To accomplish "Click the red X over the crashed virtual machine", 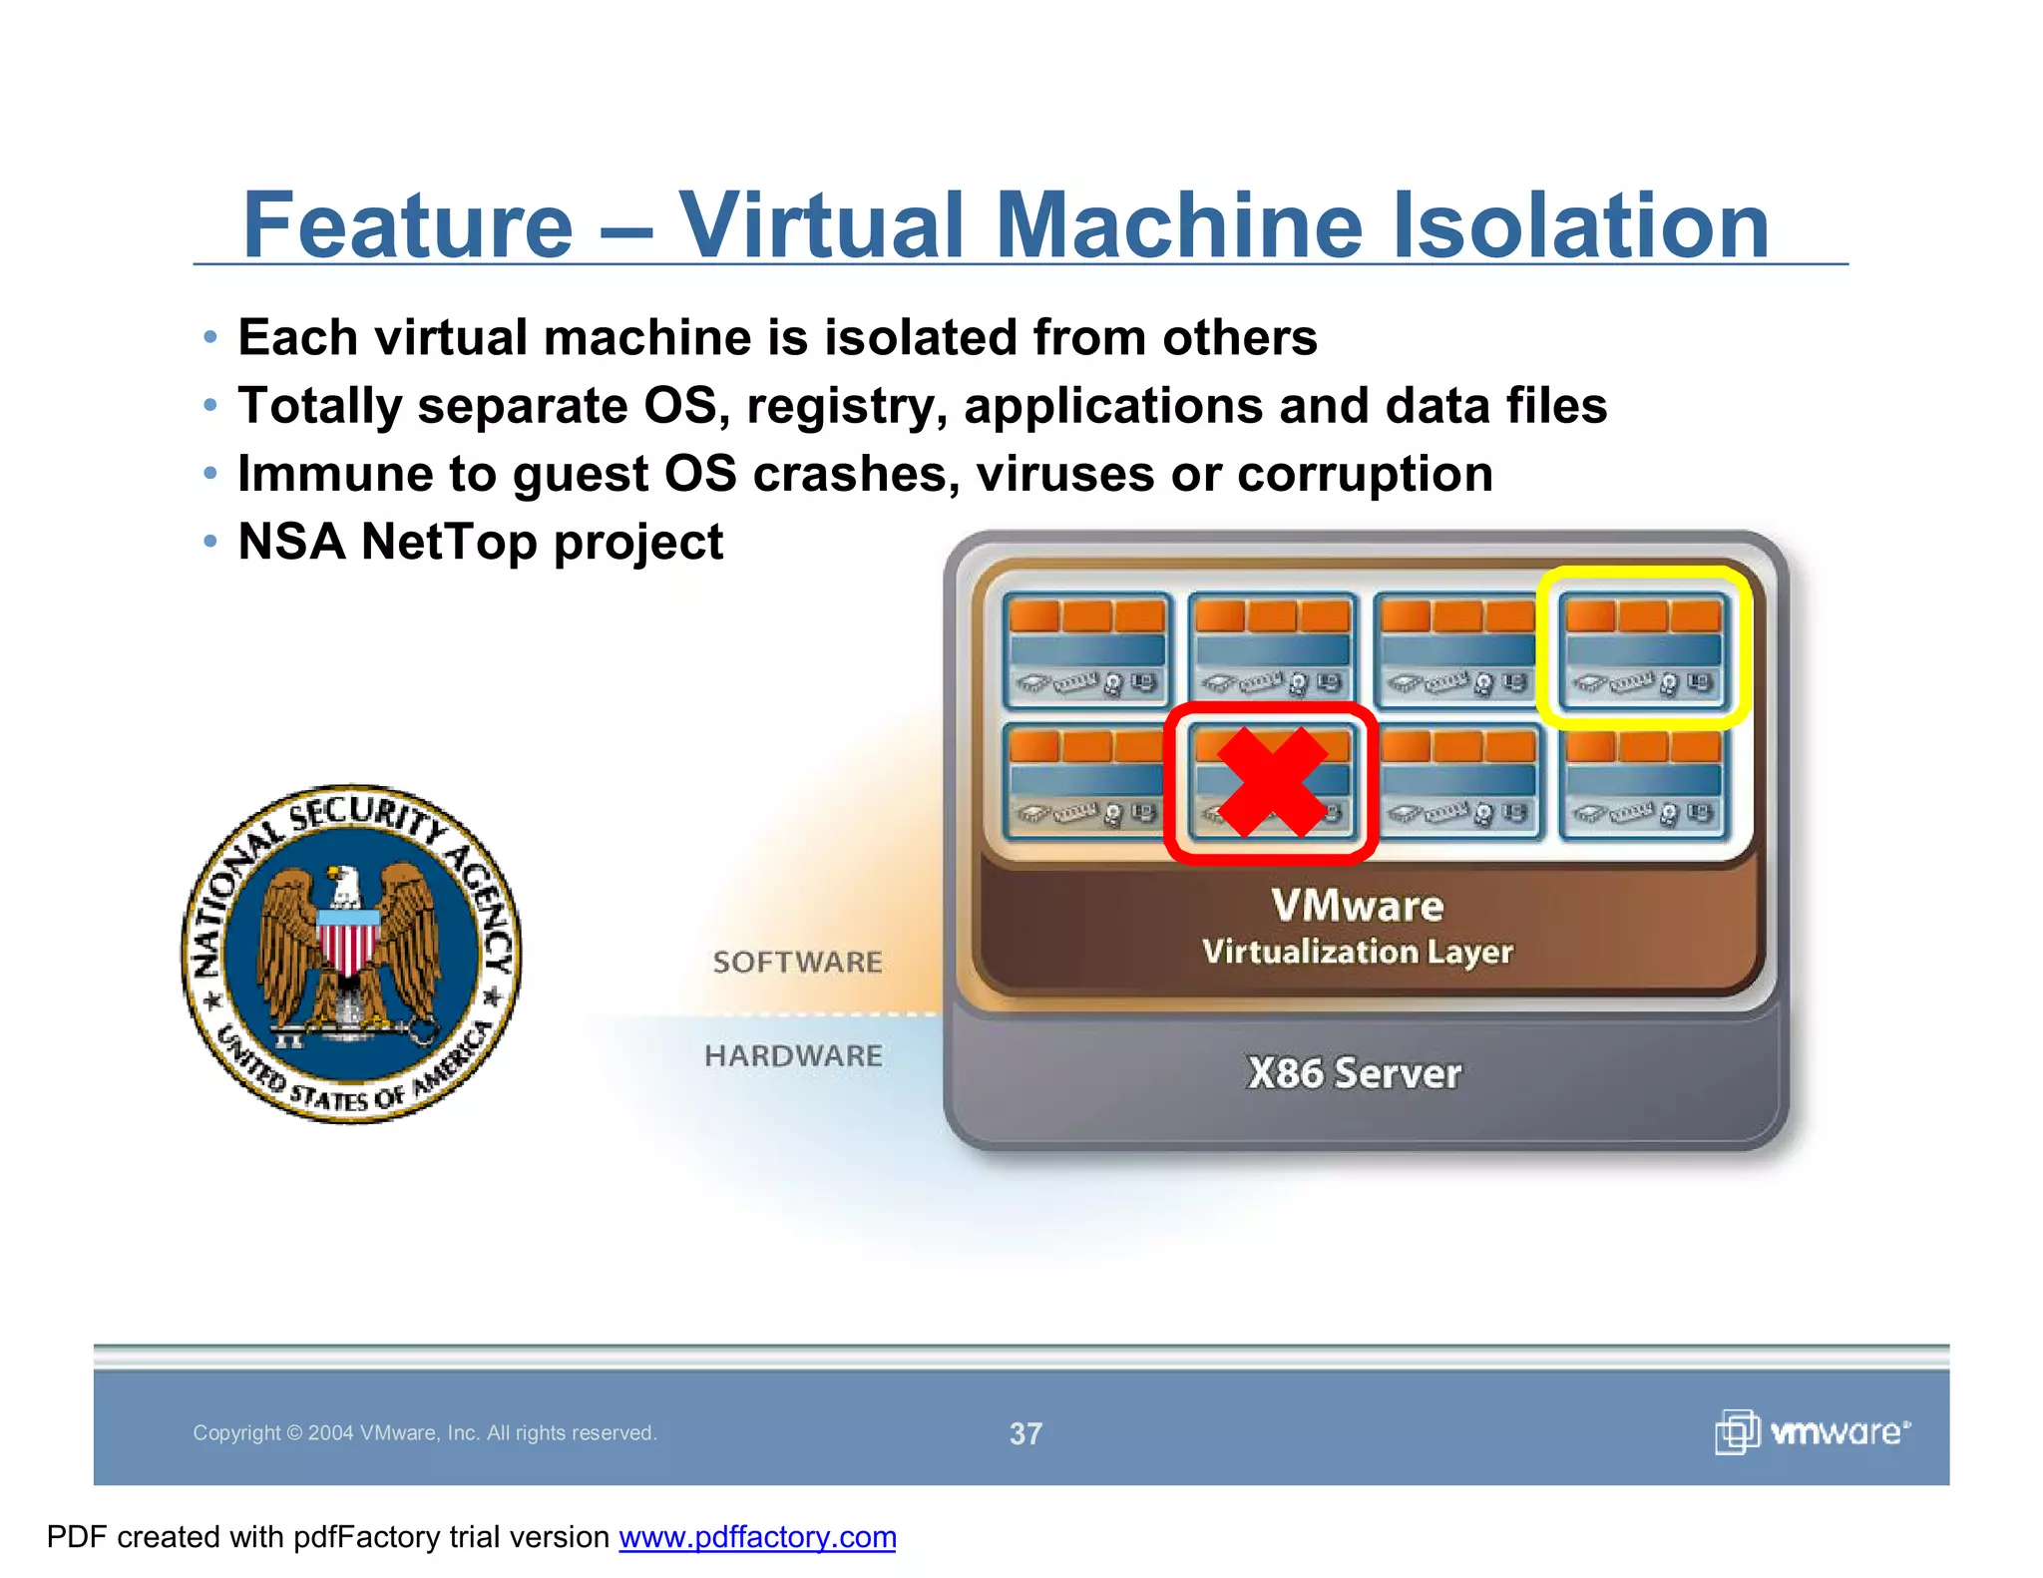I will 1272,782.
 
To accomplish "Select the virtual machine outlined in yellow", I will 1643,646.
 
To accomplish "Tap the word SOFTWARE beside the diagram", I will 797,962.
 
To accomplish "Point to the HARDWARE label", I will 793,1055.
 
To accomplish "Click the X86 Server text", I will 1354,1073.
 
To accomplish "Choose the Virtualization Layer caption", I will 1357,952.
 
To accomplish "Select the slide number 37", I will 1025,1433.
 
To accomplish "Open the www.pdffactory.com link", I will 757,1537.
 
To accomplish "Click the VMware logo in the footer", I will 1812,1431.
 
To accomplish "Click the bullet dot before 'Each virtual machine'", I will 209,337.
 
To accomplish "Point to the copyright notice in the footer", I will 424,1433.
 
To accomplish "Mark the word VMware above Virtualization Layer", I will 1357,906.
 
